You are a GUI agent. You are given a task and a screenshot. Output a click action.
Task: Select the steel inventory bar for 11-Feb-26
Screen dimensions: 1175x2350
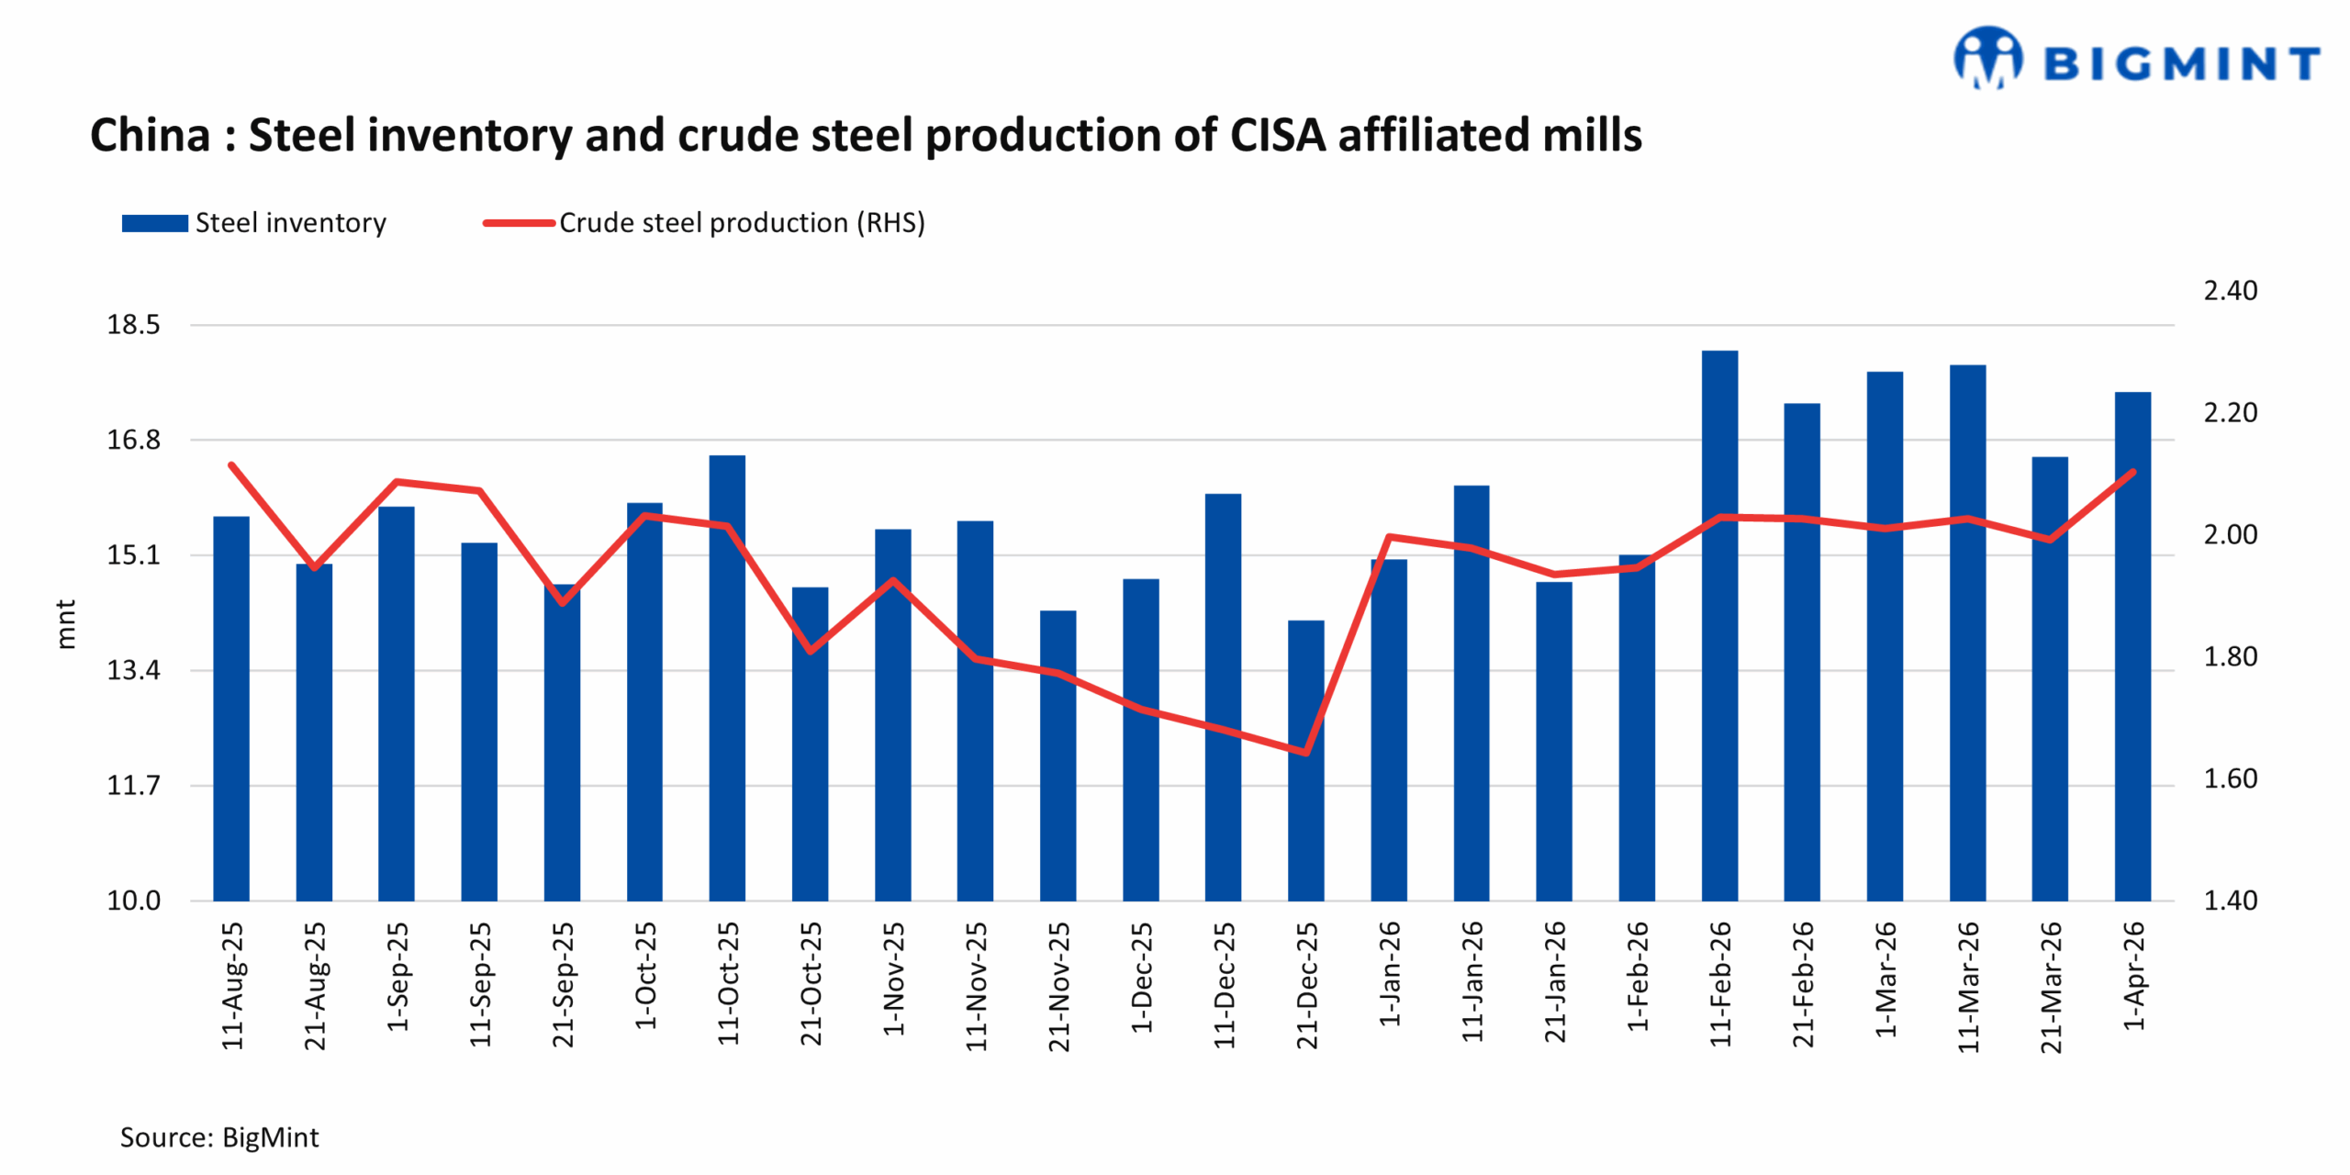(1719, 624)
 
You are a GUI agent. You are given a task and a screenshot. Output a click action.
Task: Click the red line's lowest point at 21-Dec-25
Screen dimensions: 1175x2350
(1305, 753)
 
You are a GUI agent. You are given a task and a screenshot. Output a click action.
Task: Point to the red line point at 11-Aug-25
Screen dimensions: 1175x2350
(231, 465)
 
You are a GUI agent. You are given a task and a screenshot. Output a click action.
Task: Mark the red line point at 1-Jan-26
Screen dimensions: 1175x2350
(1389, 536)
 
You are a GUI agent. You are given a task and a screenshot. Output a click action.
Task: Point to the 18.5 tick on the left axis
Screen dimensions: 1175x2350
(133, 325)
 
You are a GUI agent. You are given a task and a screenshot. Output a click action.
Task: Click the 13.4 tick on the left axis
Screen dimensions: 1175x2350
(133, 670)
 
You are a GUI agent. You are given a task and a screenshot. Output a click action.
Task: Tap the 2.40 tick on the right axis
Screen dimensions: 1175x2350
(2230, 291)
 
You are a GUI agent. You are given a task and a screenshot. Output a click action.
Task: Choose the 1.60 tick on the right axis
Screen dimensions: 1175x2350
(2230, 778)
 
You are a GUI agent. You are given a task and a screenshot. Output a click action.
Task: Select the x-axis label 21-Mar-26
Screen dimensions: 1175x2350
(2051, 986)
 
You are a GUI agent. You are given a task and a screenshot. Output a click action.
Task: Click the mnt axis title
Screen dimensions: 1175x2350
(65, 624)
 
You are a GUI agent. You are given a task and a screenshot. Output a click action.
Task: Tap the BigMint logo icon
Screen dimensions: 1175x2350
(1987, 59)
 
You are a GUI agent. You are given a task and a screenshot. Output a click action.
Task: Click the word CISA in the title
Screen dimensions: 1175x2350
(1278, 135)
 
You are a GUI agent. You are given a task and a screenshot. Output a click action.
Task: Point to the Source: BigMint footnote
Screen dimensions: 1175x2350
(219, 1137)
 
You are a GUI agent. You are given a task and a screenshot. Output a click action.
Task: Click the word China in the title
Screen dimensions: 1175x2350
(151, 135)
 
